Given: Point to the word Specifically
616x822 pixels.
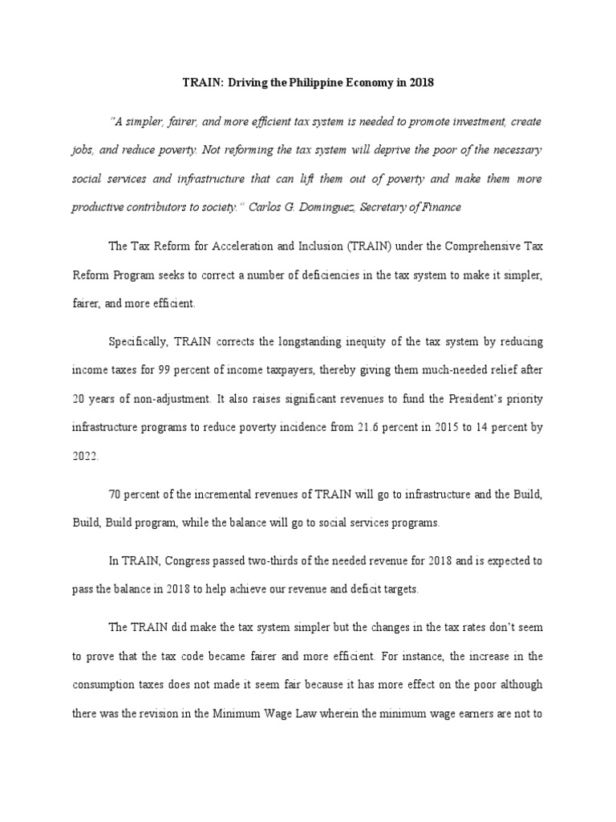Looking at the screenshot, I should pos(138,342).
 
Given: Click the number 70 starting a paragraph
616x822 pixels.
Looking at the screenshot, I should pos(115,494).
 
